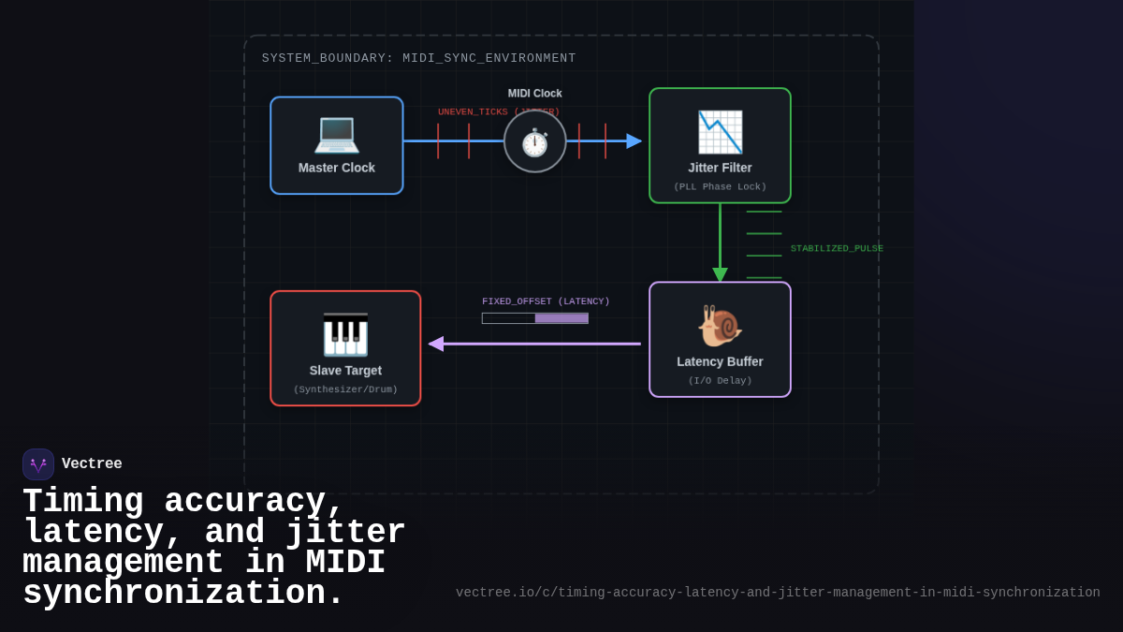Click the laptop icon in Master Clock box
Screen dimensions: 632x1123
point(336,133)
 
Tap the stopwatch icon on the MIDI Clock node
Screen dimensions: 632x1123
point(534,142)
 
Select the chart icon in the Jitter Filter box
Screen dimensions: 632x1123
point(720,132)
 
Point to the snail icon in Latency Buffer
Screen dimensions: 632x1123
point(720,326)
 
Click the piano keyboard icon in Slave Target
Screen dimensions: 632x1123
point(345,334)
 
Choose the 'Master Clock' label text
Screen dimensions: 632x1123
point(337,168)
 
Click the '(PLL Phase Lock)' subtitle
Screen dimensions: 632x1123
point(720,187)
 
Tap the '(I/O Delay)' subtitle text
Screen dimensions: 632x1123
point(720,381)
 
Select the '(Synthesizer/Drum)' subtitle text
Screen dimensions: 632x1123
point(345,389)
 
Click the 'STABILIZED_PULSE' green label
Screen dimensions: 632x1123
point(837,248)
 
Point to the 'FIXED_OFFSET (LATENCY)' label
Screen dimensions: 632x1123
point(546,301)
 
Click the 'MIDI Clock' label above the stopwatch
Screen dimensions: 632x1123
point(535,94)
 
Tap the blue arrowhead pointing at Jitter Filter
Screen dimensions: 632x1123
point(634,141)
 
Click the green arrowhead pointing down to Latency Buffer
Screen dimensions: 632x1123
point(720,274)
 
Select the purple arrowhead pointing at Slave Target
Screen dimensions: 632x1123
point(436,344)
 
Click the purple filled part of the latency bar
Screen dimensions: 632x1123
point(561,318)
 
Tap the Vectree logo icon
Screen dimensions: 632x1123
point(38,464)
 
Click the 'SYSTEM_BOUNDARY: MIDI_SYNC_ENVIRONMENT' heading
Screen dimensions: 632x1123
point(419,58)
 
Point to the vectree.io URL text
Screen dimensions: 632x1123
point(778,593)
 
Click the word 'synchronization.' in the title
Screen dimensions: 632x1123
point(183,594)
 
